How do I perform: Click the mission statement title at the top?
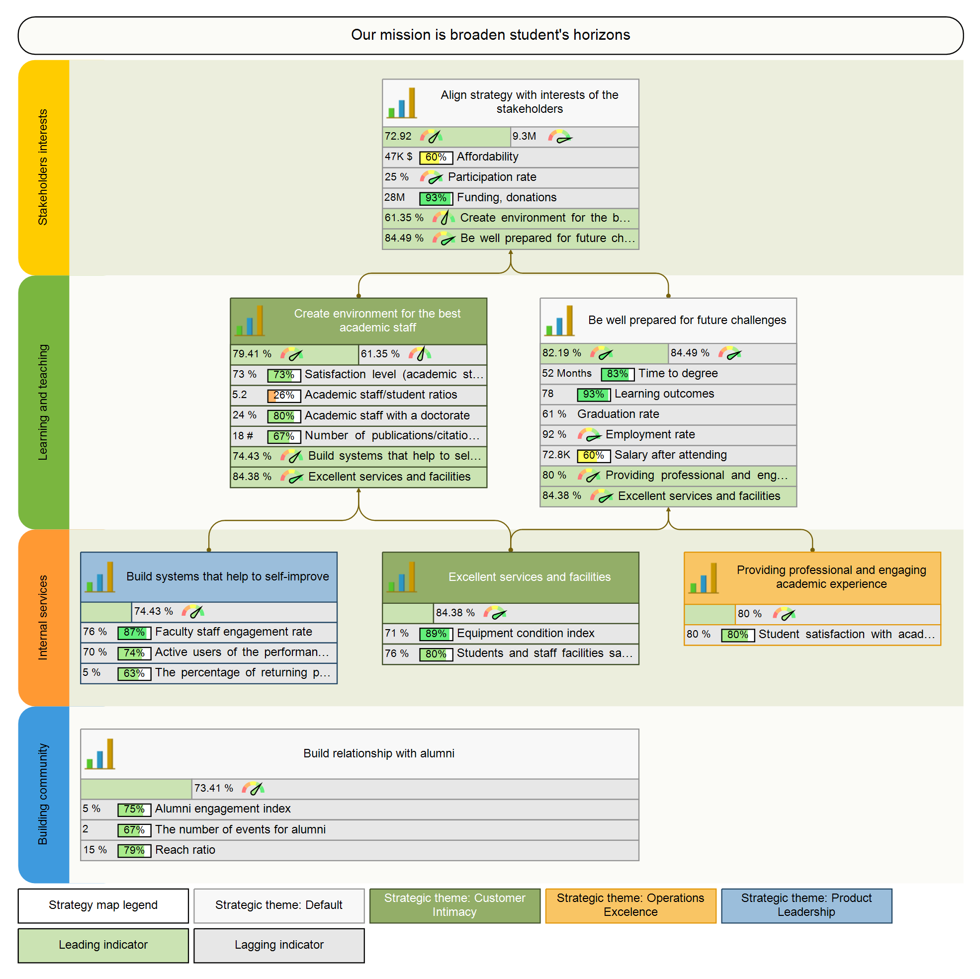click(490, 35)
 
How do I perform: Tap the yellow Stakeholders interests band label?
click(43, 167)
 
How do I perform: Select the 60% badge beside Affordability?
click(436, 157)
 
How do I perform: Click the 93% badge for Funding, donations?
click(436, 198)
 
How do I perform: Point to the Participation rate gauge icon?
click(431, 177)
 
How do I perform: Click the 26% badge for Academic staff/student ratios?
click(283, 395)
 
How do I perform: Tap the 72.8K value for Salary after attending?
click(556, 455)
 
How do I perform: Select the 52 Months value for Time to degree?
click(566, 373)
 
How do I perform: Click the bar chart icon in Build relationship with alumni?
click(100, 754)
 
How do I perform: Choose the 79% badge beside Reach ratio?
click(134, 850)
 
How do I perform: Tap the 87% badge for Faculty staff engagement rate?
click(134, 632)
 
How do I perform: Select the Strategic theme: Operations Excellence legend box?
click(630, 905)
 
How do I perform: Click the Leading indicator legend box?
click(103, 945)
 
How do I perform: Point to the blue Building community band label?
click(43, 795)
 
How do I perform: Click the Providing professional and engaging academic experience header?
click(831, 577)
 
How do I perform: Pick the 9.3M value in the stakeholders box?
click(524, 136)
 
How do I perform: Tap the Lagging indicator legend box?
click(278, 945)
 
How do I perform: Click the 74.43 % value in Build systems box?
click(153, 611)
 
